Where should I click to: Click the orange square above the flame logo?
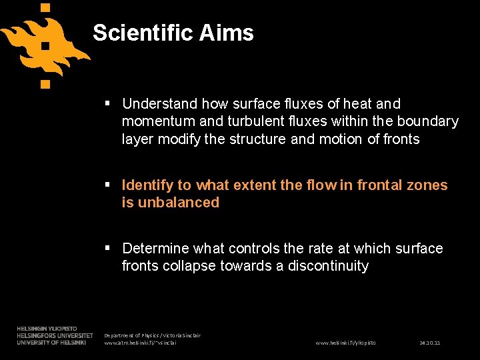(x=45, y=9)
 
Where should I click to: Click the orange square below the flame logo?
(x=45, y=84)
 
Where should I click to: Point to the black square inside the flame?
(x=45, y=47)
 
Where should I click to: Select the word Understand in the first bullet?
(x=160, y=104)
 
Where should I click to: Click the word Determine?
(x=156, y=249)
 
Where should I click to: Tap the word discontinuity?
(x=328, y=266)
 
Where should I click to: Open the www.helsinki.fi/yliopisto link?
(x=345, y=343)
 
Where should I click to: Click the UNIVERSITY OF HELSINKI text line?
(x=51, y=343)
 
